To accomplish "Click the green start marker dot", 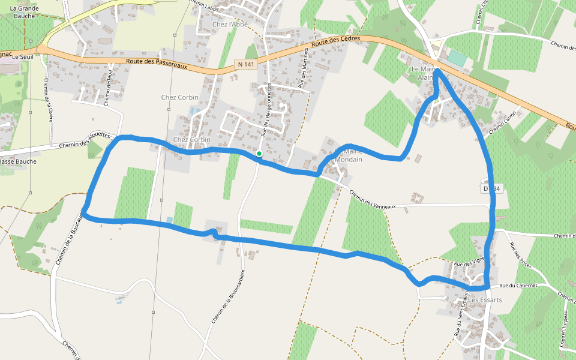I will tap(259, 154).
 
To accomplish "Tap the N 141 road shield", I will tap(245, 64).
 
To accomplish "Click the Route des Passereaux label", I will tap(157, 63).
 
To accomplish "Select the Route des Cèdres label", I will tap(336, 41).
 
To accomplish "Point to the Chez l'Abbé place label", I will tap(228, 25).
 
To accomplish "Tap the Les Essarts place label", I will tap(486, 299).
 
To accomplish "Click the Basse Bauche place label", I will tap(18, 161).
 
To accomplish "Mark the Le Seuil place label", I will tap(23, 56).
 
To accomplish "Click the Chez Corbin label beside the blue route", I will tap(192, 140).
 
